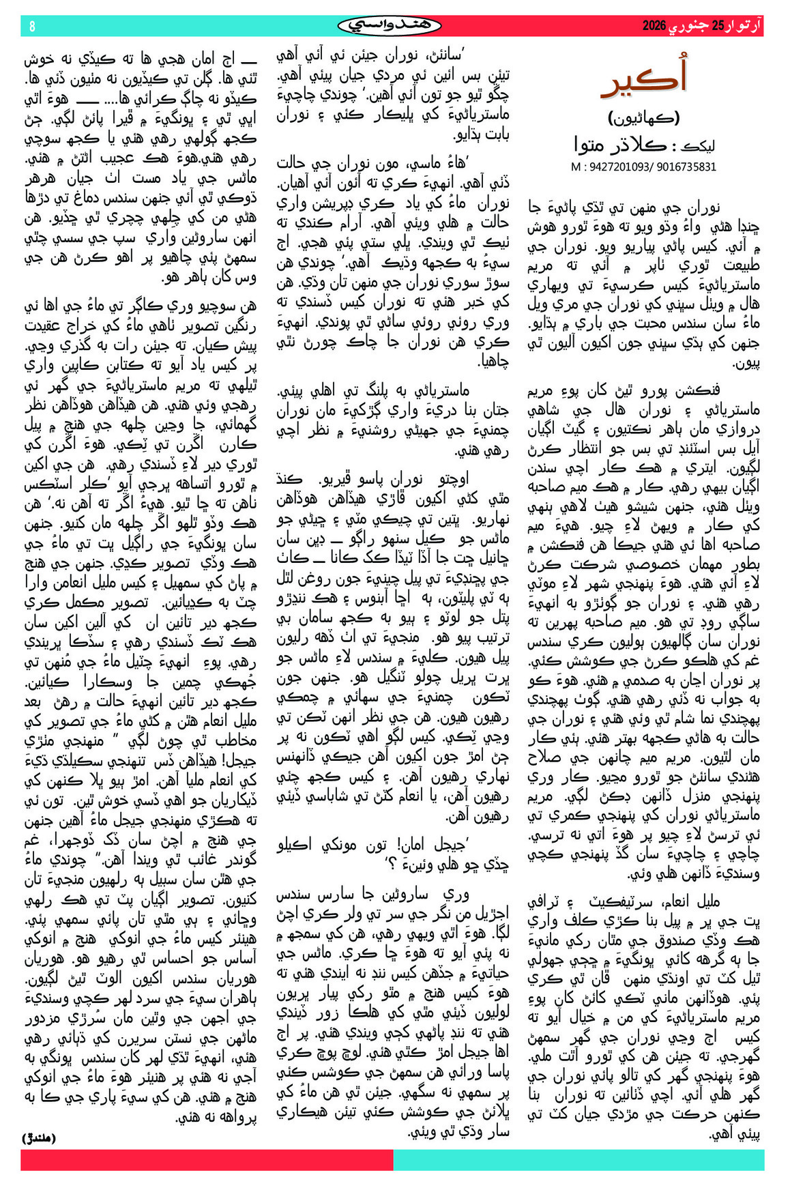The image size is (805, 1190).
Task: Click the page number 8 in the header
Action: [32, 27]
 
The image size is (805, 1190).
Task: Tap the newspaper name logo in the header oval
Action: [390, 26]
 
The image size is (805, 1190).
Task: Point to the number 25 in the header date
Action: [718, 27]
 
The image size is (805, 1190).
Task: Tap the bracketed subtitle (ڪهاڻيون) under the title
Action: [644, 118]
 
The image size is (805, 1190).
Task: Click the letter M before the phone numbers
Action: [576, 166]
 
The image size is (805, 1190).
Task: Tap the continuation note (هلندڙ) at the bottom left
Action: [39, 1137]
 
